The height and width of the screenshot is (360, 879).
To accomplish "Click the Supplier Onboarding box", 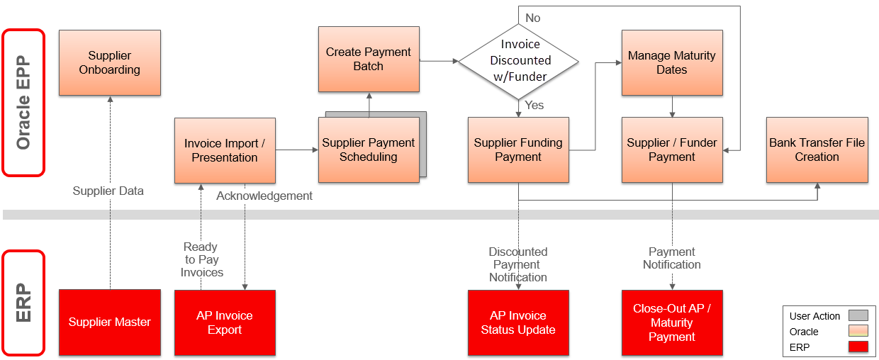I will [x=110, y=62].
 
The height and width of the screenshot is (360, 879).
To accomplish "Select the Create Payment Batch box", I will [x=369, y=60].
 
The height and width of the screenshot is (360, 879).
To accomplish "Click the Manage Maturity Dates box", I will [x=672, y=62].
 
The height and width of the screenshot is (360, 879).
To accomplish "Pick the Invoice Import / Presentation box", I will [x=225, y=150].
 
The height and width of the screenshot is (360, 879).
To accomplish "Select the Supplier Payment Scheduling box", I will [x=369, y=150].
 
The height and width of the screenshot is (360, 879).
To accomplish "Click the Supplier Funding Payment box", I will [x=518, y=150].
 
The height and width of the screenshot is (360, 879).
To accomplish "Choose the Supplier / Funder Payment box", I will [x=672, y=150].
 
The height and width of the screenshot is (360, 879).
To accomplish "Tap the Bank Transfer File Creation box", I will [x=817, y=150].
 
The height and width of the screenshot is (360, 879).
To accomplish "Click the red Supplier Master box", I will [x=110, y=322].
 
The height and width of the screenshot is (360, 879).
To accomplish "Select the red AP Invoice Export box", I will [x=225, y=322].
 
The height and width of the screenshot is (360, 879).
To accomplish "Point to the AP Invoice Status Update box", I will [x=518, y=322].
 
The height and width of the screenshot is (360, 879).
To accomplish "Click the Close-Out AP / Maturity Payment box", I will [x=672, y=322].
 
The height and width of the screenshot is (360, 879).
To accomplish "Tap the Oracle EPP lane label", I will [x=23, y=102].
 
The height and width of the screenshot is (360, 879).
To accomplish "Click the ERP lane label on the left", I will [x=23, y=303].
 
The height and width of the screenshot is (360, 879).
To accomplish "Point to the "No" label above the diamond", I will [x=532, y=18].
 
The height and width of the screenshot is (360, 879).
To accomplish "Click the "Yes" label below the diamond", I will [x=534, y=105].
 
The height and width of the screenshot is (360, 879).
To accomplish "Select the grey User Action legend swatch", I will [x=858, y=316].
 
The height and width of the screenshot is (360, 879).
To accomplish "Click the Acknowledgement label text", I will [x=264, y=196].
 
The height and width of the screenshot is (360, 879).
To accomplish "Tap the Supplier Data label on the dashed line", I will [x=108, y=191].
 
